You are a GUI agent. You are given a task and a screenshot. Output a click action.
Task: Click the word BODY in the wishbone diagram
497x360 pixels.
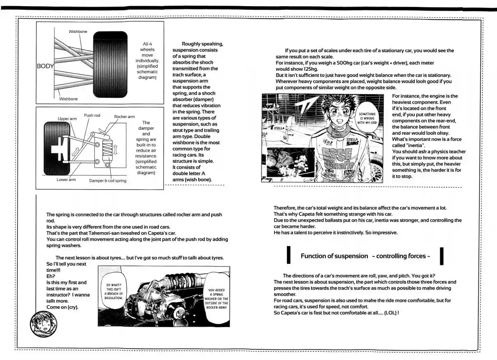(x=45, y=66)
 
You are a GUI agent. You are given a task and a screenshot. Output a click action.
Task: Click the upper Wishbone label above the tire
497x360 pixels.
(x=78, y=32)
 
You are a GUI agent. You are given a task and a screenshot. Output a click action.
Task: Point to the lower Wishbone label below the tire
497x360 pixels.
(x=68, y=99)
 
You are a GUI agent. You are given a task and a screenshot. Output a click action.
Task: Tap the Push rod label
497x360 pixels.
(x=92, y=116)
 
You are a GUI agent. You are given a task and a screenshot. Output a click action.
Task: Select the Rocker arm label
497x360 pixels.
(x=124, y=117)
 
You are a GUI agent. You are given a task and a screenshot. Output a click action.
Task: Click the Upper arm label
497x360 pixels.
(x=67, y=118)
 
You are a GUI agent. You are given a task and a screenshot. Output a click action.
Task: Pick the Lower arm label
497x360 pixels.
(x=66, y=180)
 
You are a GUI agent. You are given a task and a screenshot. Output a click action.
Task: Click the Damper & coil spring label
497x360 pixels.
(x=108, y=181)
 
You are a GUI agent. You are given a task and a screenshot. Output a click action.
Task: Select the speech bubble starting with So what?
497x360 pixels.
(x=114, y=291)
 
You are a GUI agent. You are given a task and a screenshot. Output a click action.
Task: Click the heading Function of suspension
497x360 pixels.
(x=334, y=256)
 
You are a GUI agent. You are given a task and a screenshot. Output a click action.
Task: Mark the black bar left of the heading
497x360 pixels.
(x=288, y=255)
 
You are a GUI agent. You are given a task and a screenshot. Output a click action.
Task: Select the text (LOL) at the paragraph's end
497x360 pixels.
(x=388, y=313)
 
